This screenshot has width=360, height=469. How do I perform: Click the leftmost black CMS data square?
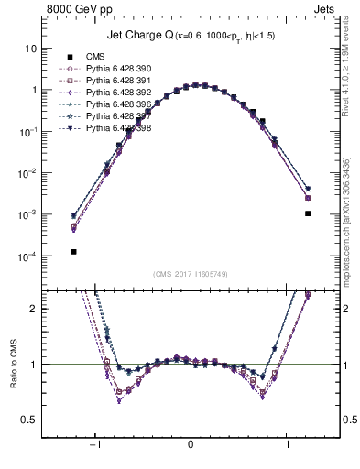click(73, 251)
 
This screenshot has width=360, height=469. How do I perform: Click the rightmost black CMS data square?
click(308, 213)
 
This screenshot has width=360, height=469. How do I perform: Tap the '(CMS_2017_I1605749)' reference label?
click(191, 274)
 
